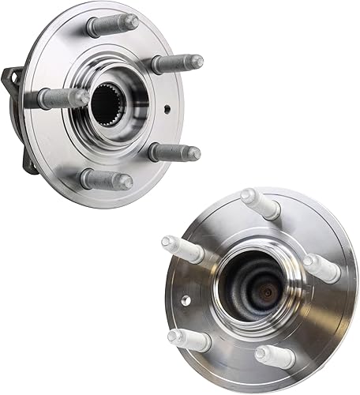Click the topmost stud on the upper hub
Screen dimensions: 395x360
point(111,24)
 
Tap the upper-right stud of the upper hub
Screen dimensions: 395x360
point(176,62)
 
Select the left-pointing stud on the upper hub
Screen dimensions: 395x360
point(63,98)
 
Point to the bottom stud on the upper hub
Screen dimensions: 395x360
point(105,179)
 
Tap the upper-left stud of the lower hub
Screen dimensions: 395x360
point(182,250)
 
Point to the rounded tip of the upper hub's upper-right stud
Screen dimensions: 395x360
point(197,61)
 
